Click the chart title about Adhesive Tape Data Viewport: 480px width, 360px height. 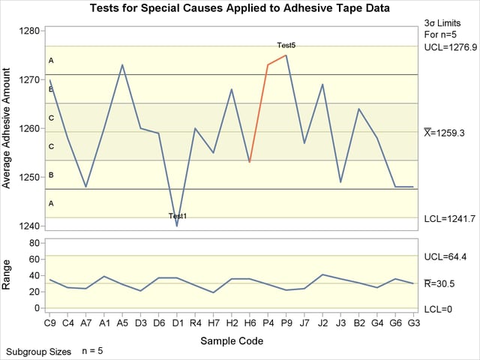[x=239, y=9]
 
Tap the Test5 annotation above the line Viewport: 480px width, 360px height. [x=286, y=46]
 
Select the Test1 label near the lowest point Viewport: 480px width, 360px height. [x=177, y=216]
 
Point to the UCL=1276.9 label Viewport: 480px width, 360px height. [x=450, y=46]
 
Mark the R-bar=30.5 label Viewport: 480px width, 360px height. [x=445, y=283]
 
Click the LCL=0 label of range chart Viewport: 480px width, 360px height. [x=439, y=308]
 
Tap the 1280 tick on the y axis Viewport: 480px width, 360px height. [x=31, y=31]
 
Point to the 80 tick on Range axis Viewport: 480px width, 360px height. [x=34, y=243]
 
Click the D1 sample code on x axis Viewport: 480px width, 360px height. [x=177, y=324]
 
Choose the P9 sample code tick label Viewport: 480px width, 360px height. [x=286, y=324]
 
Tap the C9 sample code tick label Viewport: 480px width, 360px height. [x=49, y=324]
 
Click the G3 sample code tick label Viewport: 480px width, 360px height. [x=413, y=324]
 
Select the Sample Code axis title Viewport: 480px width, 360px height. [x=231, y=341]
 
